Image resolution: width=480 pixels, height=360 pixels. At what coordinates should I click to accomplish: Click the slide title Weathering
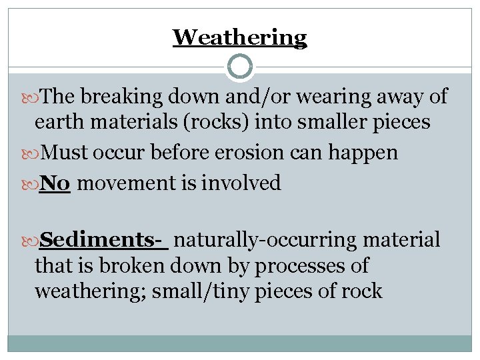(240, 37)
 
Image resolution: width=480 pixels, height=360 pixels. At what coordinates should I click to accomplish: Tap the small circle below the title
(240, 67)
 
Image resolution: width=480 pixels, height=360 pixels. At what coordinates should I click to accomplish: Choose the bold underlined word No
(55, 183)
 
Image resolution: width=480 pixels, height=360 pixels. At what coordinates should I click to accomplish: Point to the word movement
(127, 183)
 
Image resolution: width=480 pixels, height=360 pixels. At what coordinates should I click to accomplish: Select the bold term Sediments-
(104, 239)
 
